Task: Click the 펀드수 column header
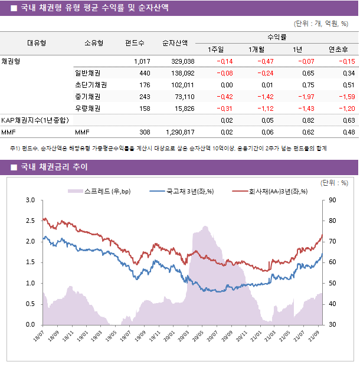tap(135, 43)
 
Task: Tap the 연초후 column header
tap(338, 49)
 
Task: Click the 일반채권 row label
tap(87, 73)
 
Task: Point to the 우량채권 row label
tap(87, 108)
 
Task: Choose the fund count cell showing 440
tap(145, 73)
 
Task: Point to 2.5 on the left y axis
tap(30, 221)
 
